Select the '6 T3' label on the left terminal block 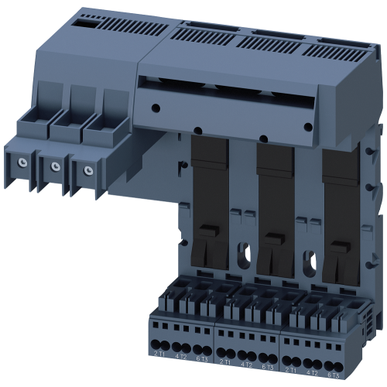coord(202,357)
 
